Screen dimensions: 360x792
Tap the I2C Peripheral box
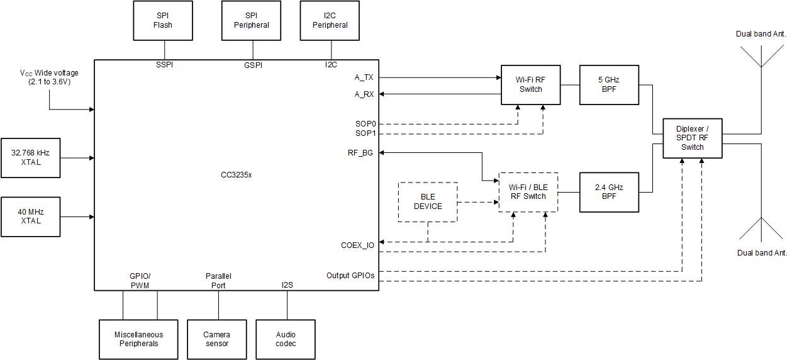tap(330, 21)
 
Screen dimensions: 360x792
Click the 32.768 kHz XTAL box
tap(31, 158)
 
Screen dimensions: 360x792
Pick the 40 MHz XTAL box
tap(31, 217)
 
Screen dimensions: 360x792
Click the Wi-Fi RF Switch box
tap(530, 84)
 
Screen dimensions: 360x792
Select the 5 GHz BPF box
tap(609, 84)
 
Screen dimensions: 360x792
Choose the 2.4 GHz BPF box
tap(609, 191)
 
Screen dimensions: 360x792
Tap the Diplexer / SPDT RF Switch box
tap(693, 138)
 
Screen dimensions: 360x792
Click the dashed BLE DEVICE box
tap(428, 202)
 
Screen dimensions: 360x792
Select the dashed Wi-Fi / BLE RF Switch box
tap(528, 191)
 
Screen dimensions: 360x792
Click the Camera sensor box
tap(217, 339)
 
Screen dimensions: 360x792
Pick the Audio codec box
tap(286, 339)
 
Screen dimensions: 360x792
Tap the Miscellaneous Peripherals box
tap(138, 339)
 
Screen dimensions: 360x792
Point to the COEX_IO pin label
tap(357, 245)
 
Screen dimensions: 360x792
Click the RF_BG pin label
tap(360, 153)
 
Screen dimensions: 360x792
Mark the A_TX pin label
tap(364, 78)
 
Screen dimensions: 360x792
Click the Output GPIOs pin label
tap(350, 276)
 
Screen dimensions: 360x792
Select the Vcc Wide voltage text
tap(49, 77)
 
